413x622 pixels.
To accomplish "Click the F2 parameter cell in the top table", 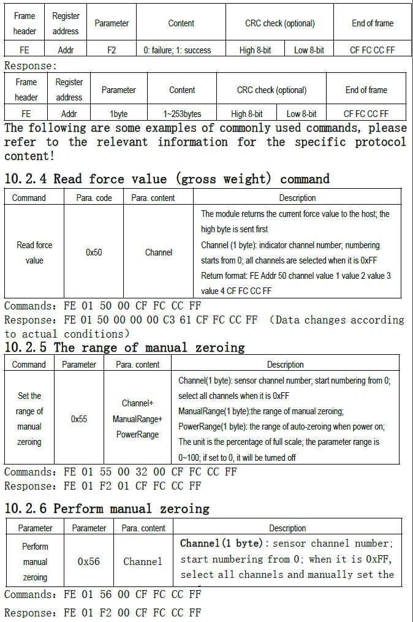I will (x=112, y=50).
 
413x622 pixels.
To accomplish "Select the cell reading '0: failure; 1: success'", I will (x=181, y=50).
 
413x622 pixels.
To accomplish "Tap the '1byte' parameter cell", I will (x=118, y=114).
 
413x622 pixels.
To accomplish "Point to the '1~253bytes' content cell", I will (x=182, y=114).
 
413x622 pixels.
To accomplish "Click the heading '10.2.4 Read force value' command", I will (x=167, y=179).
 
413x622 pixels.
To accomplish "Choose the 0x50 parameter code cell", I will (x=94, y=252).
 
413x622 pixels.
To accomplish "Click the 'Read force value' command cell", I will (x=34, y=252).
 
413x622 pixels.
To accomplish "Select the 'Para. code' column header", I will (x=94, y=198).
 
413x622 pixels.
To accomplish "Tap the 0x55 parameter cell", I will (x=79, y=419).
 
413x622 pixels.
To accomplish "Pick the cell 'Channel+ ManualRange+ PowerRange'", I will (x=137, y=419).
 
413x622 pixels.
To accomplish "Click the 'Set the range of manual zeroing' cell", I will (x=29, y=419).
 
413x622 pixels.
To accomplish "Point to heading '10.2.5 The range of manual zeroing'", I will (x=124, y=347).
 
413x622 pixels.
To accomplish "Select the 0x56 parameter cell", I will (x=89, y=561).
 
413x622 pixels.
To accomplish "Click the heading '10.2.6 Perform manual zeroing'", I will (x=107, y=509).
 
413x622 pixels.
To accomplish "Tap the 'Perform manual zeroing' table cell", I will (x=35, y=561).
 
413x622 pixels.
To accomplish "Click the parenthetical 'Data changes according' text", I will (x=338, y=320).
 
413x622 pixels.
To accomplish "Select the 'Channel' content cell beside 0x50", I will (x=158, y=252).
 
